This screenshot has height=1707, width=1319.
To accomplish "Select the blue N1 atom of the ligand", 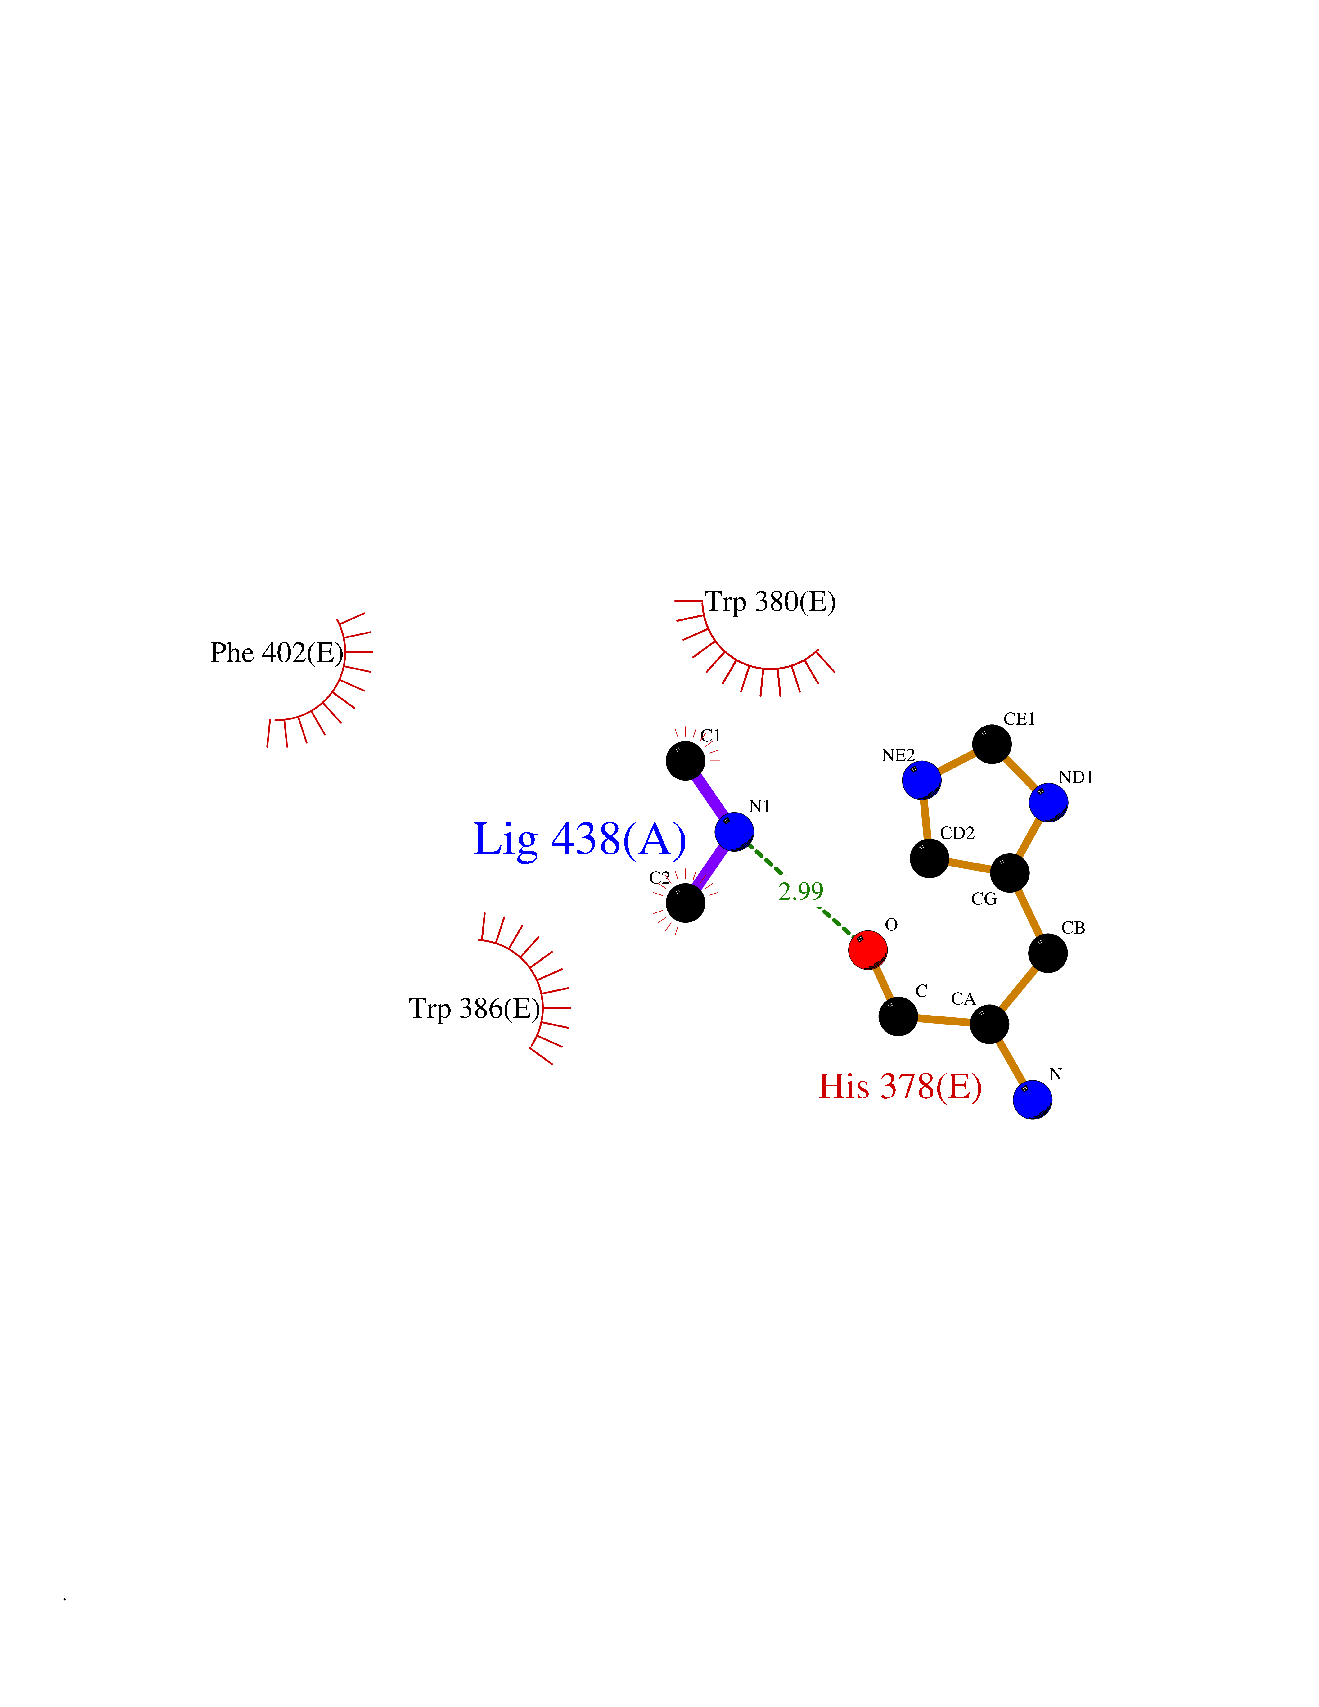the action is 734,831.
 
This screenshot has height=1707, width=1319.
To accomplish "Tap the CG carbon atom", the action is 1010,872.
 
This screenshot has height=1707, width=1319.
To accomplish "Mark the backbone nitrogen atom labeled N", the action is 1032,1100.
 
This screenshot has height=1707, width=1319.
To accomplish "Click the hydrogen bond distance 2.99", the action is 801,891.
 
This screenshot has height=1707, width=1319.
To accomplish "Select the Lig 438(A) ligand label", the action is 580,840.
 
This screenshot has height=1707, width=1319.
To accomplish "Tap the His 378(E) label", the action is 900,1086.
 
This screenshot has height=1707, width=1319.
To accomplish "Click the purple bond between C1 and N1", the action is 709,796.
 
